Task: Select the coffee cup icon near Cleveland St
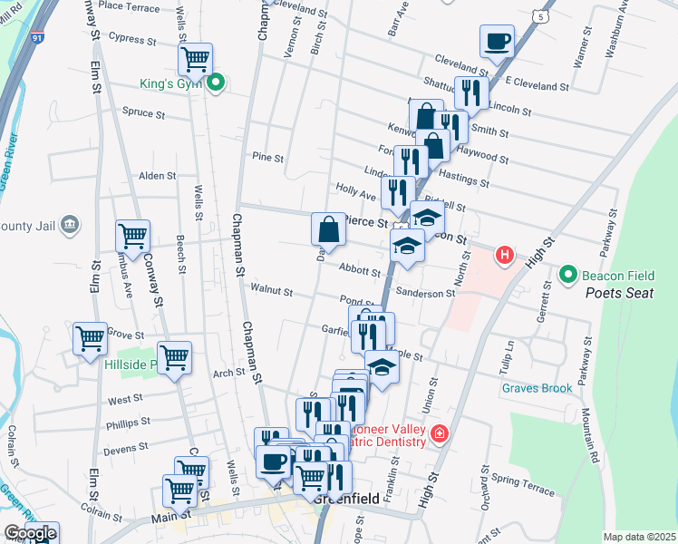(x=497, y=41)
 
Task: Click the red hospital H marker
(x=506, y=256)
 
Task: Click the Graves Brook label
(x=538, y=388)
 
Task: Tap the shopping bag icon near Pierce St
(x=328, y=230)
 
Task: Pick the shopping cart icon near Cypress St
(x=195, y=60)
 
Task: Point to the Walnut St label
(x=273, y=292)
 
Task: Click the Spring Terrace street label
(x=522, y=484)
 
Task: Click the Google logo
(x=29, y=534)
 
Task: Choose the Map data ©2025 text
(x=640, y=537)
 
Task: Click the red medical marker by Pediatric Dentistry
(x=440, y=433)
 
